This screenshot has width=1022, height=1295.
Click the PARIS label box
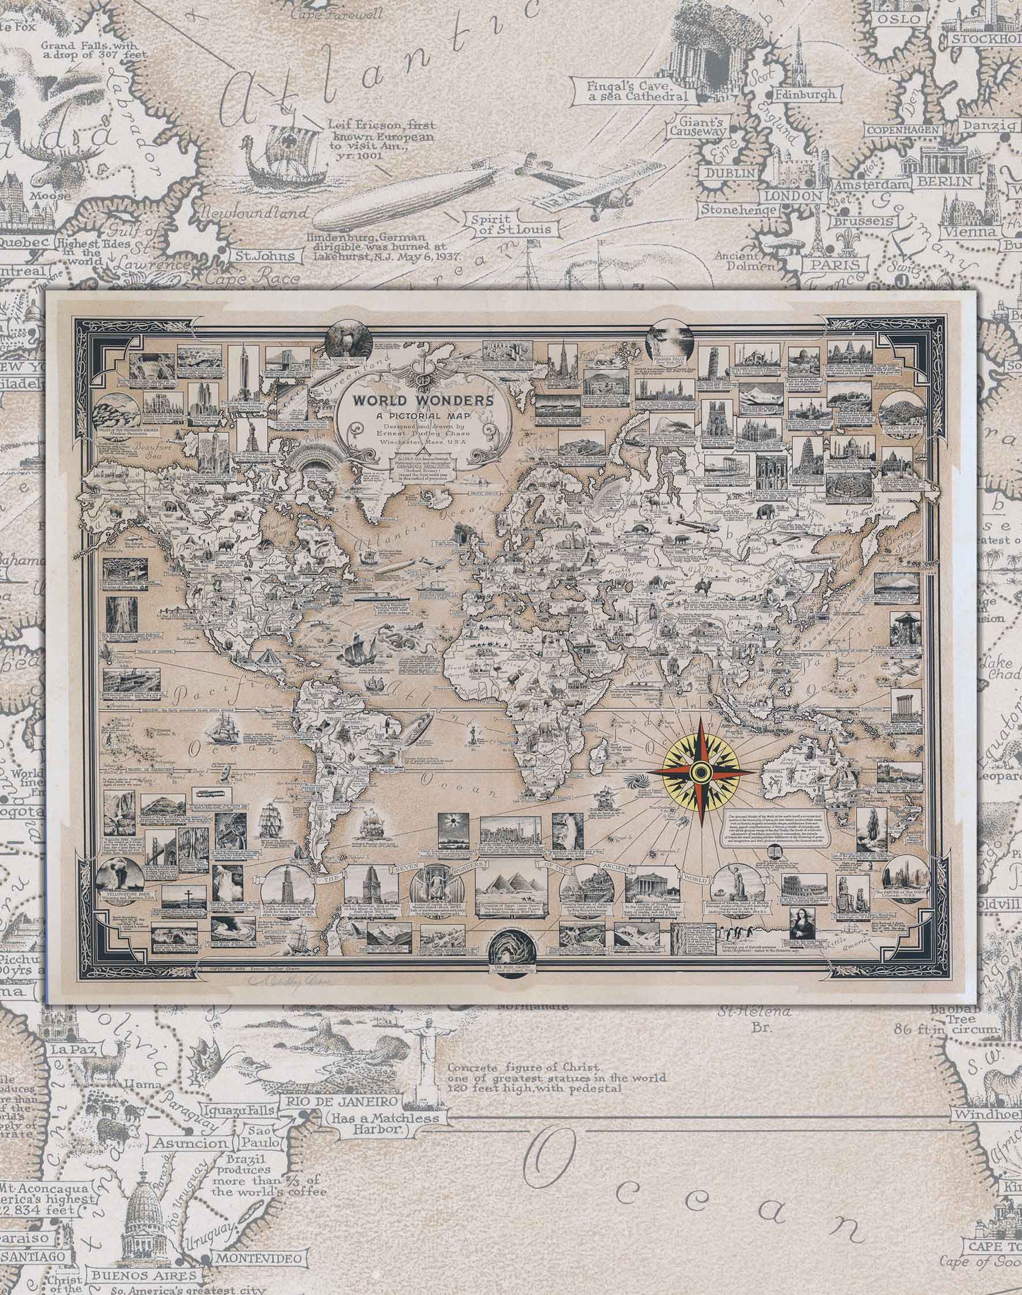tap(833, 264)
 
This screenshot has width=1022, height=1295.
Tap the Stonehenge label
tap(739, 209)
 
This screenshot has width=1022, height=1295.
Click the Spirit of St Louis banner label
tap(510, 224)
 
